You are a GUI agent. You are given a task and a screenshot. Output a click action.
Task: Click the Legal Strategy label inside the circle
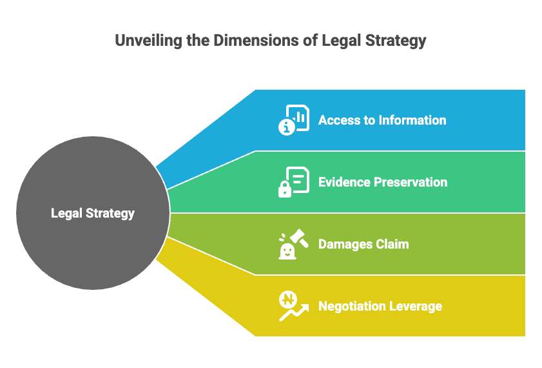pyautogui.click(x=93, y=213)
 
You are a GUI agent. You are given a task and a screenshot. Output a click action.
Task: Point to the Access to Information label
pyautogui.click(x=382, y=120)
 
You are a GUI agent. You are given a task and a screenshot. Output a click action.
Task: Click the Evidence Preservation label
pyautogui.click(x=382, y=182)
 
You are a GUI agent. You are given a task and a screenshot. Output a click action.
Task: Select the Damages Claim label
pyautogui.click(x=363, y=244)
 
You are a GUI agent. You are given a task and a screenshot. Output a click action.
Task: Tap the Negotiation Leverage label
pyautogui.click(x=380, y=306)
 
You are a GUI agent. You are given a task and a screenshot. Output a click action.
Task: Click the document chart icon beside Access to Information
pyautogui.click(x=294, y=120)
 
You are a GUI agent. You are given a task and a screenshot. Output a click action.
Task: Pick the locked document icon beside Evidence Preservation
pyautogui.click(x=294, y=181)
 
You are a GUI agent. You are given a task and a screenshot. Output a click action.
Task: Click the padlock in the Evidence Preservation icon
pyautogui.click(x=284, y=190)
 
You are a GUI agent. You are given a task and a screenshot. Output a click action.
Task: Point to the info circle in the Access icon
pyautogui.click(x=286, y=128)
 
